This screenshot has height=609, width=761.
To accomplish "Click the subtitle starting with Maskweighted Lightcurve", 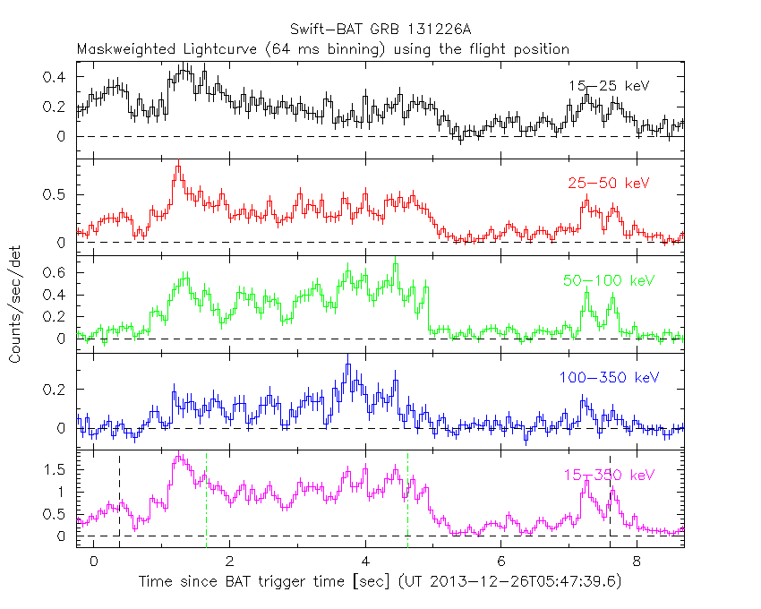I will (322, 48).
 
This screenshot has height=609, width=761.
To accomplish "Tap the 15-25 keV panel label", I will (608, 86).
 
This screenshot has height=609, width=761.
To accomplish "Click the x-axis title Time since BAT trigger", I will (380, 581).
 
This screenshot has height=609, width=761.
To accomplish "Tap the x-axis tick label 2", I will (230, 562).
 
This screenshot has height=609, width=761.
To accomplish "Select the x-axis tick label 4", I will (365, 562).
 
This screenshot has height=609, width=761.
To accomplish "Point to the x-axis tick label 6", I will (501, 562).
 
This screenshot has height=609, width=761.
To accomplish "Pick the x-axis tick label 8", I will (637, 562).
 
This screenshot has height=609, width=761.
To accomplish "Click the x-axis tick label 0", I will (94, 562).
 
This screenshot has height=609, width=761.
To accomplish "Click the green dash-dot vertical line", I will (206, 502).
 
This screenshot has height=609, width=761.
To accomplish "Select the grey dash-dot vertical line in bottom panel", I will (407, 502).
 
